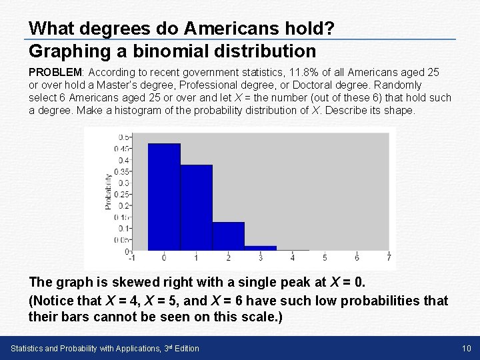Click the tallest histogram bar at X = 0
pos(164,197)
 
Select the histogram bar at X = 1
pos(196,207)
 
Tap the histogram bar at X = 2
pos(228,236)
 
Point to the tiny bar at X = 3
pos(260,248)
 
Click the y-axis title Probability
pos(109,191)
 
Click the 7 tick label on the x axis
pos(388,258)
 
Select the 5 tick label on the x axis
pos(325,258)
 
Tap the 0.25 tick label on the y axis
pos(122,195)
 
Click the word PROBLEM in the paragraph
pos(53,71)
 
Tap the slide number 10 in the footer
pos(467,349)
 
